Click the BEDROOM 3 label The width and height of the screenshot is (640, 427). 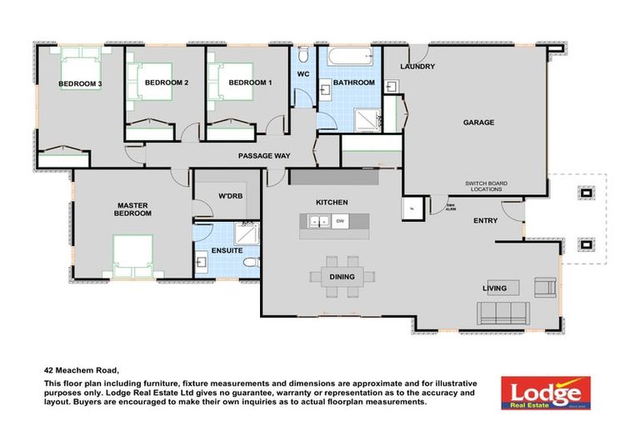pyautogui.click(x=80, y=83)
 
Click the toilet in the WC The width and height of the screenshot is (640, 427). pyautogui.click(x=302, y=56)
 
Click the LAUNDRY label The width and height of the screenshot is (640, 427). pyautogui.click(x=417, y=67)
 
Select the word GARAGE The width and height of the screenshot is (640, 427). pyautogui.click(x=478, y=123)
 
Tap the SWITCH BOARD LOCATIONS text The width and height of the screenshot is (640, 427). pyautogui.click(x=487, y=187)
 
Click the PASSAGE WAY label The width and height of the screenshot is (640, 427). pyautogui.click(x=263, y=156)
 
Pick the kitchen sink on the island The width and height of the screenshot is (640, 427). pyautogui.click(x=317, y=221)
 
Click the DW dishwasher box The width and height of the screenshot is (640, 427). pyautogui.click(x=340, y=221)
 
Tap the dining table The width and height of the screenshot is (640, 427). pyautogui.click(x=342, y=277)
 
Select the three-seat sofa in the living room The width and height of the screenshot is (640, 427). pyautogui.click(x=502, y=313)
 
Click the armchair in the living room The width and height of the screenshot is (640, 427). pyautogui.click(x=545, y=288)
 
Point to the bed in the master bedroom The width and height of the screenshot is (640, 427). pyautogui.click(x=133, y=255)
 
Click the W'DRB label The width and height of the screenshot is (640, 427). pyautogui.click(x=230, y=197)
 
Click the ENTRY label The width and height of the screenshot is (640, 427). pyautogui.click(x=485, y=221)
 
